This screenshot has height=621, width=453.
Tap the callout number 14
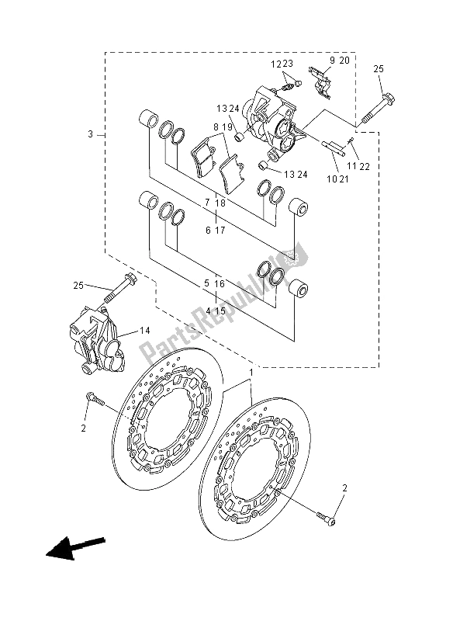point(145,331)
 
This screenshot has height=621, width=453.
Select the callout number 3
point(91,134)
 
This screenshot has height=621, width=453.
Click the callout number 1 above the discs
point(250,373)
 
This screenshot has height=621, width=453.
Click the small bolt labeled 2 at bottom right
point(326,519)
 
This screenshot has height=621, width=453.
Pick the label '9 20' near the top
point(340,61)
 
